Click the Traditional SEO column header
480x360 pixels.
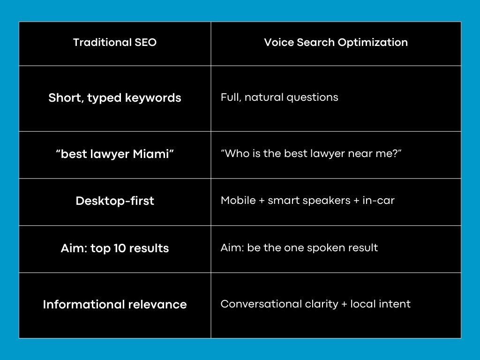[115, 43]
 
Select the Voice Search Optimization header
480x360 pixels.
[336, 43]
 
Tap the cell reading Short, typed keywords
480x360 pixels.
[115, 98]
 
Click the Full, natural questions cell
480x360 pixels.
[279, 97]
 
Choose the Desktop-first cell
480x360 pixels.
[115, 201]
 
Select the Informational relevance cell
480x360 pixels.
[115, 305]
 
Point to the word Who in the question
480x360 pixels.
[235, 154]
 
